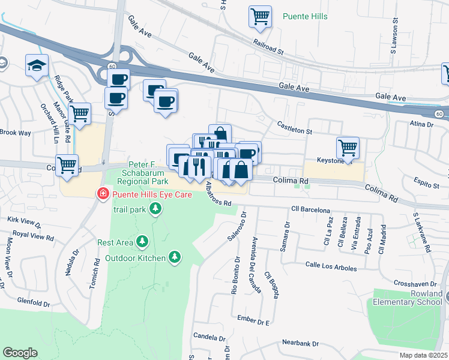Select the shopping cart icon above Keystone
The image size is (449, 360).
tap(348, 146)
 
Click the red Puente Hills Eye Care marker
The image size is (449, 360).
tap(103, 194)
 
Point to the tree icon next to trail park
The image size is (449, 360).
tap(155, 209)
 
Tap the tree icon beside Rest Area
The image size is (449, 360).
tap(142, 242)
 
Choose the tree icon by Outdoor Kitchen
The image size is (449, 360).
tap(175, 257)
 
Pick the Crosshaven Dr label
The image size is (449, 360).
tap(417, 283)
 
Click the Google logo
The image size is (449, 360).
tap(20, 352)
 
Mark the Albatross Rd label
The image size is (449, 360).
tap(217, 195)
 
